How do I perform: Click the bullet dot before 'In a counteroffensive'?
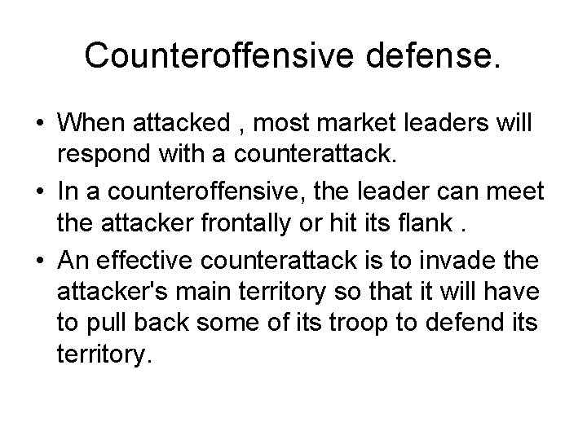coord(39,191)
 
